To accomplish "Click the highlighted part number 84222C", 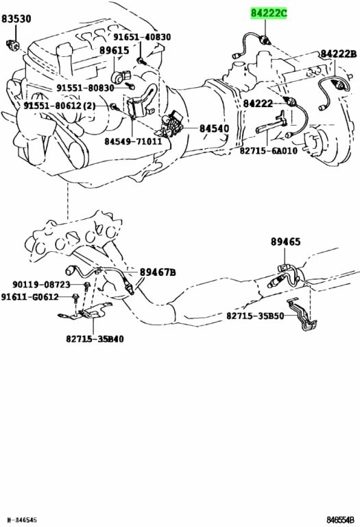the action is [269, 14].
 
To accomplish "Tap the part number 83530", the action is [16, 19].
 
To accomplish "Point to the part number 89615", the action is [115, 51].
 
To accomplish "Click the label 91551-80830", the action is [85, 88].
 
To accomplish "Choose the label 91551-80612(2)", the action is [59, 106].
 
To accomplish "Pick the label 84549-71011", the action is [133, 141].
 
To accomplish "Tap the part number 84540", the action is [214, 129].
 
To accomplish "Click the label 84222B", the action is [338, 54].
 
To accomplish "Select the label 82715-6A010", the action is [268, 150].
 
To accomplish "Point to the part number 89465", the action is [286, 242].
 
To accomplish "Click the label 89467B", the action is [158, 272].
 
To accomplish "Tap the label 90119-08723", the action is [41, 285].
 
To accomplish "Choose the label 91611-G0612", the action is [29, 297].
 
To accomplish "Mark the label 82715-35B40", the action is [95, 339].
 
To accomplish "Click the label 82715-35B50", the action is [255, 316].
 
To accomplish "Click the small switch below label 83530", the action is [14, 45].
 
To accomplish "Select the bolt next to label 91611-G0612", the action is [75, 298].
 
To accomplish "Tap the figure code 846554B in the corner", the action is [340, 520].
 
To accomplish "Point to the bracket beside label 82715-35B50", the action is [304, 315].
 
